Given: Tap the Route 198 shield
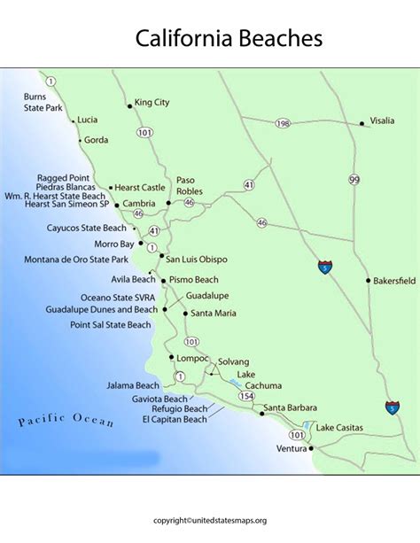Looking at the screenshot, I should (x=282, y=122).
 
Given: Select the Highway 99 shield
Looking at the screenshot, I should (x=354, y=180).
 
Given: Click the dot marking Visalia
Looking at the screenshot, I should (x=362, y=124).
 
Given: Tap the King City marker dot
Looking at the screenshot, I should (x=130, y=105).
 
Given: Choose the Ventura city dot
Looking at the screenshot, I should (x=311, y=449).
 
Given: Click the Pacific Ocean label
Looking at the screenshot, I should (x=66, y=419).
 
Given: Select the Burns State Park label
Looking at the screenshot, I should (x=43, y=101).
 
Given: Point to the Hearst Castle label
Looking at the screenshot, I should (x=141, y=188).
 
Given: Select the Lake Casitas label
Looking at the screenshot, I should (x=339, y=428).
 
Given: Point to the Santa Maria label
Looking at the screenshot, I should (x=214, y=313).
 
